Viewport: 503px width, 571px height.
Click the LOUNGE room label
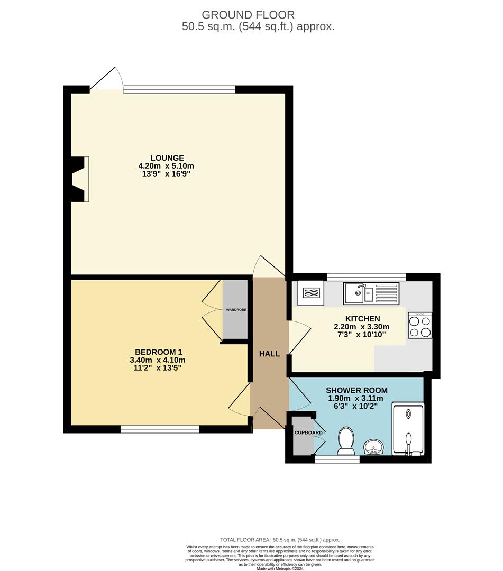click(167, 158)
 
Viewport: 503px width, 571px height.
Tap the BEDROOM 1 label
click(159, 352)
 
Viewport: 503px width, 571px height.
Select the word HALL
click(269, 354)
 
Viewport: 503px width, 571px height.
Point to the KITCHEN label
click(362, 319)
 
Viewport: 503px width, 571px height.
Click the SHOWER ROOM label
click(356, 391)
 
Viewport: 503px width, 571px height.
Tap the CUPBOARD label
click(309, 432)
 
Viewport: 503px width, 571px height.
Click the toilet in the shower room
click(346, 441)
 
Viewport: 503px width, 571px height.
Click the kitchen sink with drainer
click(371, 293)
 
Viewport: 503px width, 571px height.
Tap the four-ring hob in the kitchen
click(420, 326)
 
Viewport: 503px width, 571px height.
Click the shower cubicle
click(408, 429)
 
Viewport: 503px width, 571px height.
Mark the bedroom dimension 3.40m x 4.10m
click(159, 360)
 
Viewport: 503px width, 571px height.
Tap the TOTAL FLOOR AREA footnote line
click(280, 540)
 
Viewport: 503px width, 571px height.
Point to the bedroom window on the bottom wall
click(160, 429)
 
